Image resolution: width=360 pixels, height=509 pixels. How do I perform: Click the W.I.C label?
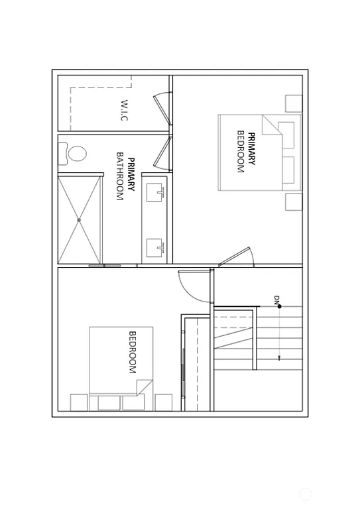[124, 110]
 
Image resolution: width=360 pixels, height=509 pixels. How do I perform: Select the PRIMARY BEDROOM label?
[246, 152]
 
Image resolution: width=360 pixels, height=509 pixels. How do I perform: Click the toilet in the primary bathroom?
[76, 154]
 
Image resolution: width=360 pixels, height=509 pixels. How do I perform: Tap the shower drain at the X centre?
[79, 219]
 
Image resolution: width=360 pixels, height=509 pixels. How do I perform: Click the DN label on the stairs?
[276, 300]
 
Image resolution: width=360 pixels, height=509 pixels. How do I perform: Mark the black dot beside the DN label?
[280, 306]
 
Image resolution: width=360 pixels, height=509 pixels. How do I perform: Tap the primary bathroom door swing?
[162, 154]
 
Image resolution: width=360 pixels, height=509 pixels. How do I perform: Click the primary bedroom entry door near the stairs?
[237, 256]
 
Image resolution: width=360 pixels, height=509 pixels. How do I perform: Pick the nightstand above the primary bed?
[293, 103]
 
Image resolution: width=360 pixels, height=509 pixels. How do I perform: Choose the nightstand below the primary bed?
[293, 201]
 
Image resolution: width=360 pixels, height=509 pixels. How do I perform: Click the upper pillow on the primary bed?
[286, 135]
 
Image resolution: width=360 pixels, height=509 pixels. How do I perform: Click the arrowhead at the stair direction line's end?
[280, 358]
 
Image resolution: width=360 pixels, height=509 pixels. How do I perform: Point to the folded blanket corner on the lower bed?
[145, 387]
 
